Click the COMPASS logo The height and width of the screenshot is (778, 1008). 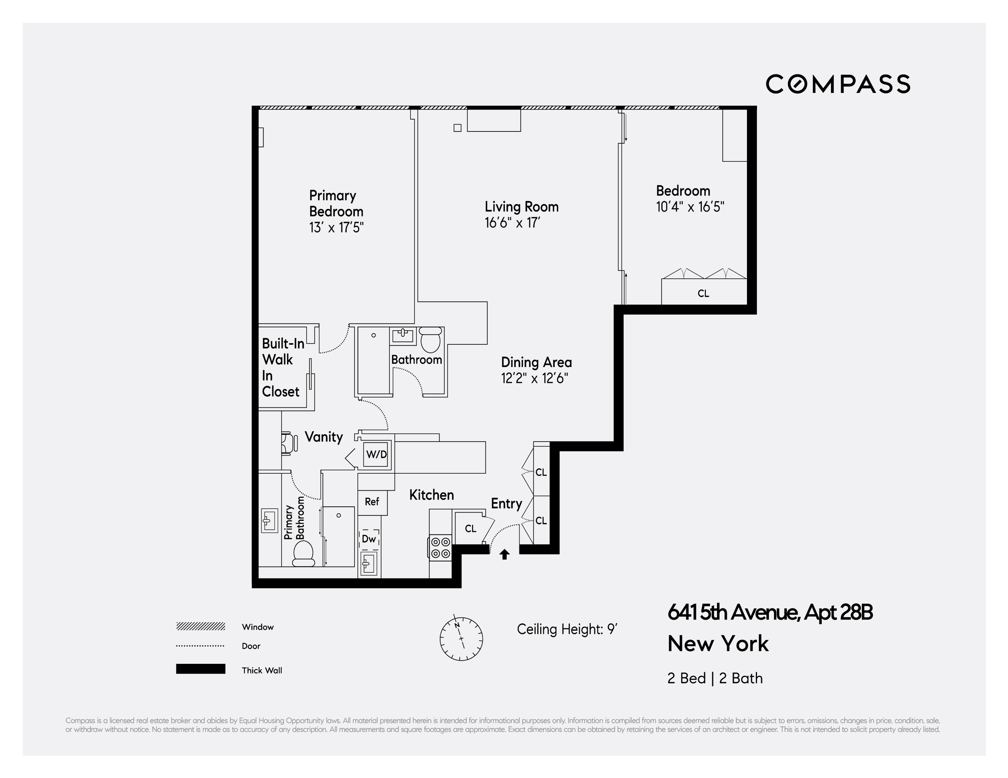click(838, 84)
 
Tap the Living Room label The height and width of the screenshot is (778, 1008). click(522, 207)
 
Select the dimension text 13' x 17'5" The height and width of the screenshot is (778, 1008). click(336, 227)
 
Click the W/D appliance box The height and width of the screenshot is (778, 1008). click(376, 454)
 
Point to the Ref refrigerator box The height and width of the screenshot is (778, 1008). click(372, 502)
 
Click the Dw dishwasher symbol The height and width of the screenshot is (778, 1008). click(369, 538)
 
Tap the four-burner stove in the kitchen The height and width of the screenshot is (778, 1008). click(440, 547)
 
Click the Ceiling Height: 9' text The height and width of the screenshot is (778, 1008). click(567, 629)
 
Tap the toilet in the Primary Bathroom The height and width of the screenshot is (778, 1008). click(303, 553)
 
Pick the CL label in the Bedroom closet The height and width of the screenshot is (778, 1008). click(703, 293)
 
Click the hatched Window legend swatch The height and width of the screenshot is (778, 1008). click(200, 626)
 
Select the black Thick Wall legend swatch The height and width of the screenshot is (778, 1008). click(200, 669)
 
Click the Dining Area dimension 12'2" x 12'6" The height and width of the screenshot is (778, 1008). click(534, 379)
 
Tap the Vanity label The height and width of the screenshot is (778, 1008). click(323, 437)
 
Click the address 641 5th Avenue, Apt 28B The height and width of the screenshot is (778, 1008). click(770, 612)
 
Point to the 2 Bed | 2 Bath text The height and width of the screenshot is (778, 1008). click(715, 678)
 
